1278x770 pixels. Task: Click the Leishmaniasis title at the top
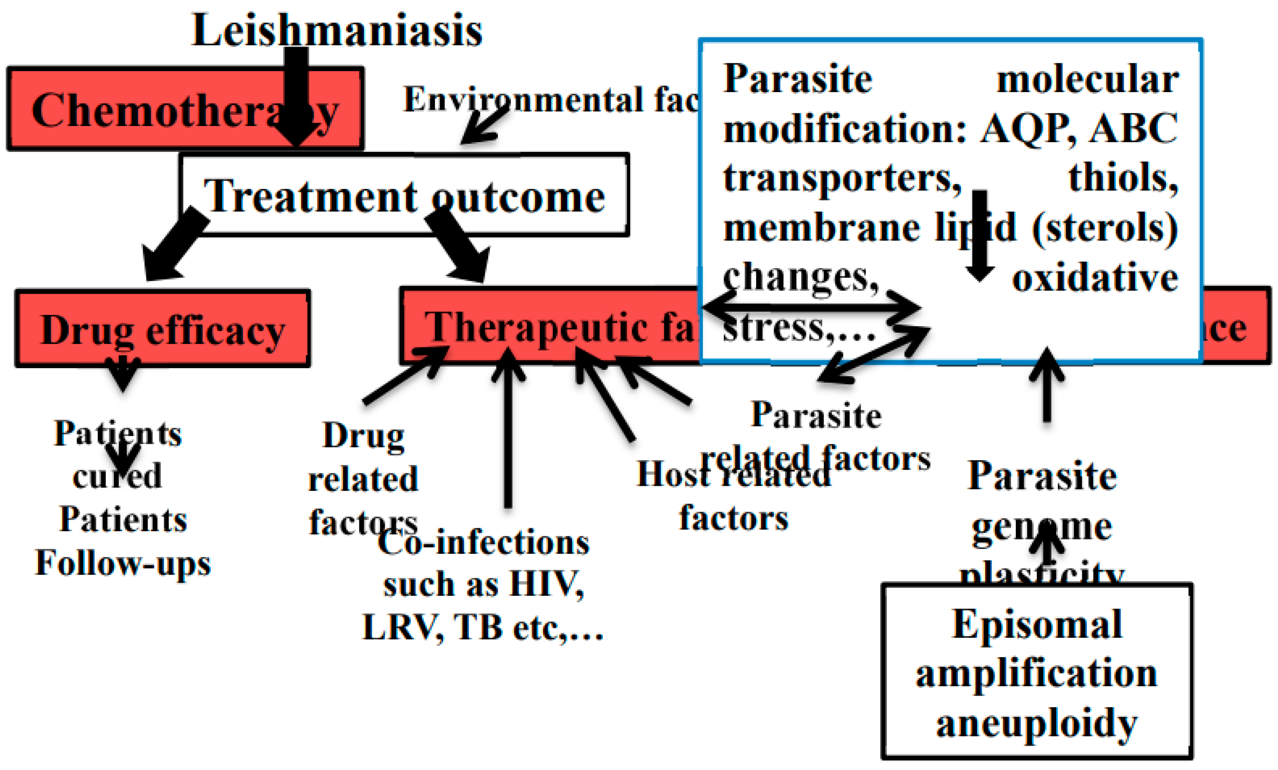click(337, 30)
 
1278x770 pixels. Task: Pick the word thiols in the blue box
click(1122, 178)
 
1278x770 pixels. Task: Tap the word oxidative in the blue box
click(1094, 279)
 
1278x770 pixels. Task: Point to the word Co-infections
click(483, 543)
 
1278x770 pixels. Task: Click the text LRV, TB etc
click(482, 628)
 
